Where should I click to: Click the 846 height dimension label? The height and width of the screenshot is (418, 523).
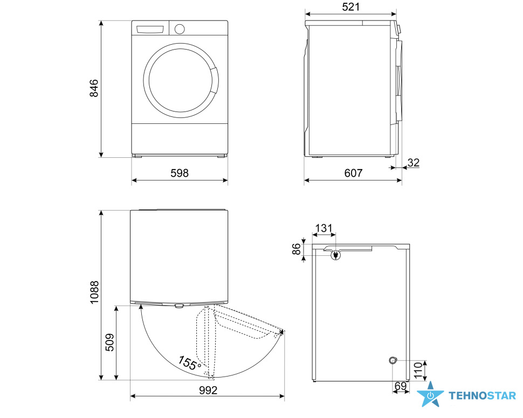94,88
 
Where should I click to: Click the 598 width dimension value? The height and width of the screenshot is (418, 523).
180,173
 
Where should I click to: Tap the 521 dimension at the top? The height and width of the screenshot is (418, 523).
351,6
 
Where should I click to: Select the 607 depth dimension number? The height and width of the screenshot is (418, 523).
353,173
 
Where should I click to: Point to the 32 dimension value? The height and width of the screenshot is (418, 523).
413,163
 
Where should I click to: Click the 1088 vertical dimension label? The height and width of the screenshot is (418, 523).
94,292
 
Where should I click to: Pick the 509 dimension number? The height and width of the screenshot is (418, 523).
109,343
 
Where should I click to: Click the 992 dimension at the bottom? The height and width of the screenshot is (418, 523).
208,391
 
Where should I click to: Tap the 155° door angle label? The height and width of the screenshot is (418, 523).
189,363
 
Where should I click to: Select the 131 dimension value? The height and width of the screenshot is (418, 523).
324,228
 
